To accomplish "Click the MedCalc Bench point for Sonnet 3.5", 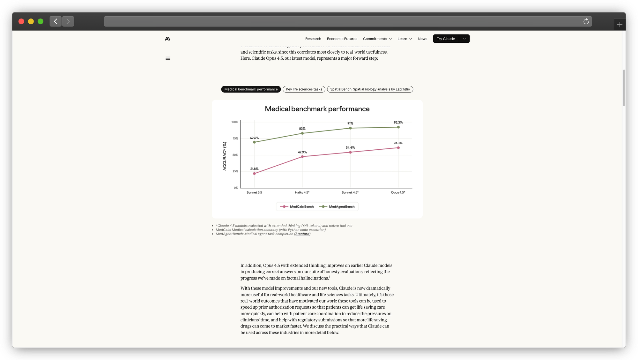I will click(x=254, y=174).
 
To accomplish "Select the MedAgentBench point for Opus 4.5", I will click(x=398, y=127).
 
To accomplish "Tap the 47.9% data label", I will click(x=302, y=152).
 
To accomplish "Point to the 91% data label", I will click(x=350, y=124).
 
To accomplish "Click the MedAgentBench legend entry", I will click(x=337, y=207).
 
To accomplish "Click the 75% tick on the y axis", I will click(x=235, y=139).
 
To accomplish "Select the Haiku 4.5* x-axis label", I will click(x=302, y=192).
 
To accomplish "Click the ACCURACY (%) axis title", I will click(x=225, y=156).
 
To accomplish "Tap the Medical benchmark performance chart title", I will click(x=317, y=109).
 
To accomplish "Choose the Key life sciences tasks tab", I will click(x=304, y=89).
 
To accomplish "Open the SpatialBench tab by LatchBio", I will click(x=370, y=89).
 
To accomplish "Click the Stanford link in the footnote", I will click(x=302, y=234).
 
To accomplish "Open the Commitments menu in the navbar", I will click(x=377, y=39).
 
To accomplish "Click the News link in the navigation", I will click(x=422, y=39).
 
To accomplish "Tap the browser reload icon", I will click(x=586, y=21).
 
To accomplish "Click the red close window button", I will click(x=21, y=21).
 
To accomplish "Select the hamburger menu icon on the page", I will click(x=168, y=58).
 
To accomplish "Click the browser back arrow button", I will click(x=56, y=21).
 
